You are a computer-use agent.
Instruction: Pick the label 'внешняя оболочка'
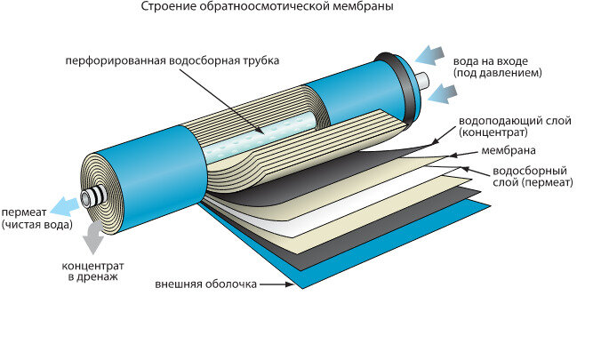coord(205,284)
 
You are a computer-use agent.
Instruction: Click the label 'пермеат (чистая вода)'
coord(32,219)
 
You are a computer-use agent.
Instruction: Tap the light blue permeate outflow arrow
coord(64,205)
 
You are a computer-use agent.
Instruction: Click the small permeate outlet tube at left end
coord(89,196)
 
